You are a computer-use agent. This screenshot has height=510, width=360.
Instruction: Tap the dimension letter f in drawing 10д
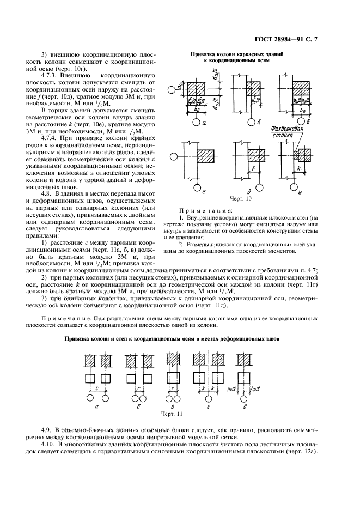pos(254,168)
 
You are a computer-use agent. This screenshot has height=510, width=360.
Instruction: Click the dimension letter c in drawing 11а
pos(96,387)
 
